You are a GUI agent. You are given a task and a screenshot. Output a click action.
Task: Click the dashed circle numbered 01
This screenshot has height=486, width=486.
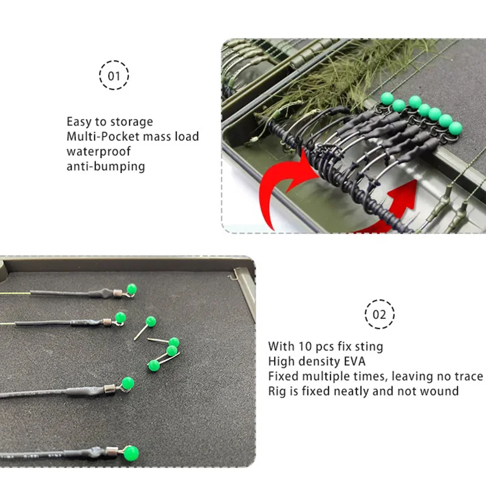(114, 75)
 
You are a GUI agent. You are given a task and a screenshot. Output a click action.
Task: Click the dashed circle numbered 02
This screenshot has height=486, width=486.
(379, 314)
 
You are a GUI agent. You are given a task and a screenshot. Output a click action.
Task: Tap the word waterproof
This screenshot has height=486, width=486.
(98, 151)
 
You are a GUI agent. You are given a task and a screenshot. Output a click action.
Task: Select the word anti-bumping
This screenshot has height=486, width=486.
(106, 166)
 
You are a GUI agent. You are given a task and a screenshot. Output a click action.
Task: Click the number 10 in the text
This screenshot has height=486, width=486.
(305, 346)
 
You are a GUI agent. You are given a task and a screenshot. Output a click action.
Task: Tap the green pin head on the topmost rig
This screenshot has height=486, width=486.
(132, 289)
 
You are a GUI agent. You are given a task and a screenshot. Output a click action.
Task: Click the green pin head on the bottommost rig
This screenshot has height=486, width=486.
(131, 454)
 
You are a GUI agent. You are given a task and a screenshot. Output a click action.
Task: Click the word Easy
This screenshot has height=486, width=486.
(79, 122)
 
